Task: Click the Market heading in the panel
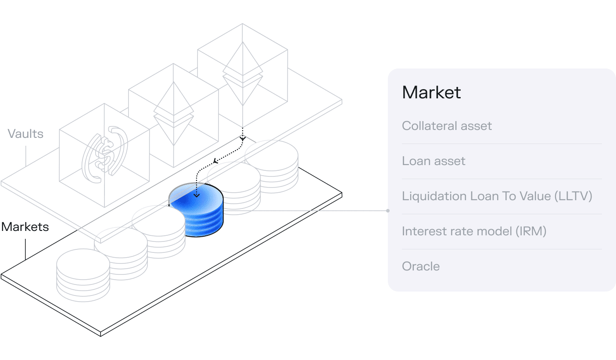431,92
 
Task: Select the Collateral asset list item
447,126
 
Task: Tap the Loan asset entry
433,161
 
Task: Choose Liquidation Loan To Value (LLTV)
497,196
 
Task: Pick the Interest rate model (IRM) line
474,231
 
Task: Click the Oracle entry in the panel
421,266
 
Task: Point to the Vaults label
25,134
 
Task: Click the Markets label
25,227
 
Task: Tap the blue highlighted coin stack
196,210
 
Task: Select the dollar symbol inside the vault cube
105,155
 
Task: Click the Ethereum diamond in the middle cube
174,113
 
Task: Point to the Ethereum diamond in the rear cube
243,73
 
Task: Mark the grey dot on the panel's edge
388,211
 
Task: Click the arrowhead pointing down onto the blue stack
197,195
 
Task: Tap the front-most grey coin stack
83,275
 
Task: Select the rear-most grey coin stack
272,167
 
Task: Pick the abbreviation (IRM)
531,231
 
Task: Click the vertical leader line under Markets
25,249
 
